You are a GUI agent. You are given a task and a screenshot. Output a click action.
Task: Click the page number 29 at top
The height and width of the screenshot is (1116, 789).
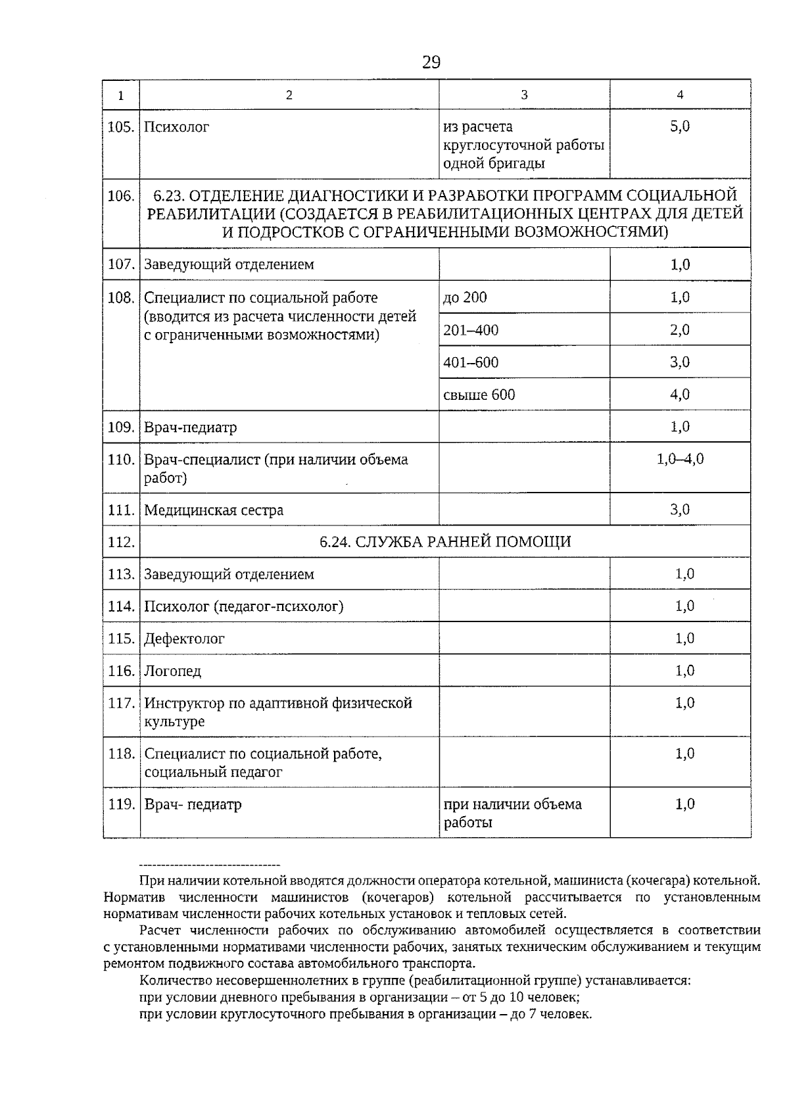[x=431, y=62]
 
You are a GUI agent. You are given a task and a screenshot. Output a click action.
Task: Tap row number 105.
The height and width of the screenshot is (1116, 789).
[x=120, y=127]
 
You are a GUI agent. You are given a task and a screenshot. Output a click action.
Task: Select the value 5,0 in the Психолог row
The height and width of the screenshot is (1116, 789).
[x=680, y=126]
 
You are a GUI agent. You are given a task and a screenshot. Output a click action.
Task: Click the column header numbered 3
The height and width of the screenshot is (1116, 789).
[x=524, y=95]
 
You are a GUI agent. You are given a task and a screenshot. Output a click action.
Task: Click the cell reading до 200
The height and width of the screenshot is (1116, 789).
[x=465, y=297]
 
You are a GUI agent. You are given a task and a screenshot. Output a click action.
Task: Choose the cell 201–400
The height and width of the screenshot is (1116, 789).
[x=471, y=329]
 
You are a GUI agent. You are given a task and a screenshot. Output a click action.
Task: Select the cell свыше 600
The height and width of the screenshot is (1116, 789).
[x=479, y=395]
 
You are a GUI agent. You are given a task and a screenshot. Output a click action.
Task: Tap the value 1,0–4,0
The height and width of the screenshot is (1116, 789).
[x=680, y=459]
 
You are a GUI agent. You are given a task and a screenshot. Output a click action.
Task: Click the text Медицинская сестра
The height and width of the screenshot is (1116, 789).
[x=214, y=510]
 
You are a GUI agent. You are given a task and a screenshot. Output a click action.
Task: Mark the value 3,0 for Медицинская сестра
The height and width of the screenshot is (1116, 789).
[x=680, y=510]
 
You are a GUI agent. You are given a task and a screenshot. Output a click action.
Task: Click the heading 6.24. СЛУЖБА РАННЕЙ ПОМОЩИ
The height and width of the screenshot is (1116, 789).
[x=445, y=542]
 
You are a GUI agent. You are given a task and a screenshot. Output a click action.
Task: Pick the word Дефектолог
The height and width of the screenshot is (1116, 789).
[x=184, y=639]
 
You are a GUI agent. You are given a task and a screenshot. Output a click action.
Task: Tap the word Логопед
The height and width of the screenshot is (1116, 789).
[x=172, y=671]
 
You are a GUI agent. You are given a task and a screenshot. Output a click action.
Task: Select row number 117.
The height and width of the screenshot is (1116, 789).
[x=121, y=703]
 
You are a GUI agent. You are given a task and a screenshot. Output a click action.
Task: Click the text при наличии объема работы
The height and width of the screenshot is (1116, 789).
[x=512, y=813]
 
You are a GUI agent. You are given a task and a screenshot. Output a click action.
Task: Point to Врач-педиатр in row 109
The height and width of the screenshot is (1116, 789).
[x=190, y=427]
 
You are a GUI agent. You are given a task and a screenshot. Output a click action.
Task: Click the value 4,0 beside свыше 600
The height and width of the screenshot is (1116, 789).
[x=680, y=395]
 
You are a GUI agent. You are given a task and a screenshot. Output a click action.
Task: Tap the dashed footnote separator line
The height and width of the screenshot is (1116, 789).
[x=210, y=864]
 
